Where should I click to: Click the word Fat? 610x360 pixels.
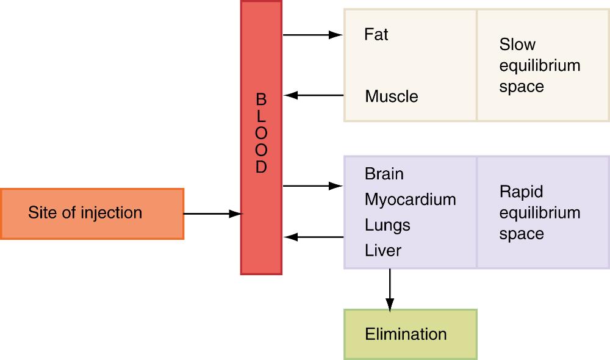coord(376,35)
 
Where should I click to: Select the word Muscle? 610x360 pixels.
coord(392,96)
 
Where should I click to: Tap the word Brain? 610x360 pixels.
coord(384,174)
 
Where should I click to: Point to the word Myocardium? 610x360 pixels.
coord(410,200)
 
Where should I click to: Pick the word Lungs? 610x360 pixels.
coord(387,225)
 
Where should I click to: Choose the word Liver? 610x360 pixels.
coord(382,250)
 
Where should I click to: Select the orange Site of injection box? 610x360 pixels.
coord(92,213)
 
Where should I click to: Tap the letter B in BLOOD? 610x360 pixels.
coord(261,99)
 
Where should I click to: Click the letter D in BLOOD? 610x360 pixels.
coord(261,167)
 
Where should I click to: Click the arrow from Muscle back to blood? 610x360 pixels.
coord(314,95)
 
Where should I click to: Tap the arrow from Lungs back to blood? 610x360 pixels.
coord(314,237)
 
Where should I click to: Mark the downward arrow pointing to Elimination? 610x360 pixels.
coord(389,290)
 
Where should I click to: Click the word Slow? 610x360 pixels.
coord(517,45)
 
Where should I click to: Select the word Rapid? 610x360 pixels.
coord(521,192)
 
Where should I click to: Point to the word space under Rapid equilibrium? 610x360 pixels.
coord(521,234)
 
